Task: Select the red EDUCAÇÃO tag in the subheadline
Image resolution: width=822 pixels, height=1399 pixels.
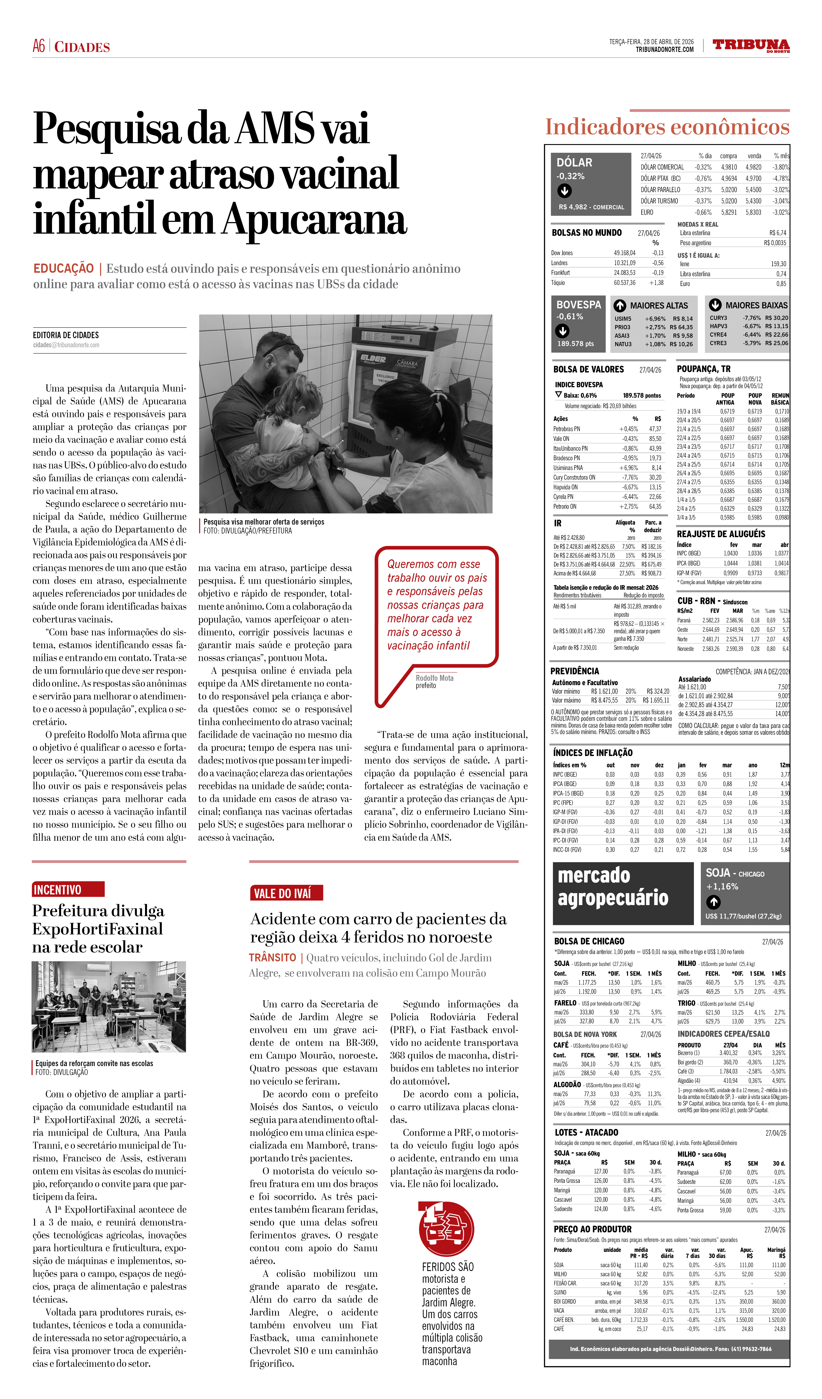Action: point(63,269)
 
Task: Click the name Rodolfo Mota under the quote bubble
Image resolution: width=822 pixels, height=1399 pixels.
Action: point(434,678)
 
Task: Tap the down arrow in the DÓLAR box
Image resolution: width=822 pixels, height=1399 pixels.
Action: point(564,191)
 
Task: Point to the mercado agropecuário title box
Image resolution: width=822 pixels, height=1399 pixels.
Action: point(623,894)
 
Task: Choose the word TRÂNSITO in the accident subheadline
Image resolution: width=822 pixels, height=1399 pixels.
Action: point(272,958)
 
